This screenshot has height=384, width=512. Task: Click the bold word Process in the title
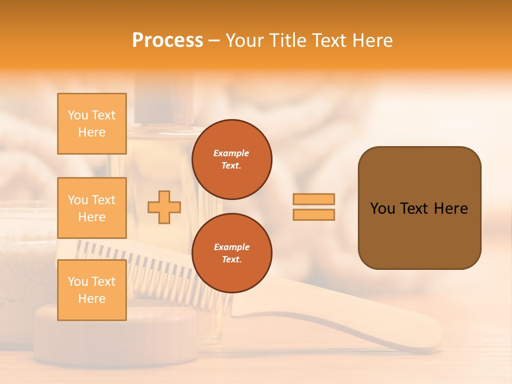167,41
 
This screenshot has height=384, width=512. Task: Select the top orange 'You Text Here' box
92,124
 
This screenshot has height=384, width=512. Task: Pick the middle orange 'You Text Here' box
92,208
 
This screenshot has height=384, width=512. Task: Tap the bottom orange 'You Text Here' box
92,290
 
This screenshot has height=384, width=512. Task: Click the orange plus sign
164,207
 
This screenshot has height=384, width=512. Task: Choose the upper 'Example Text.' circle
231,159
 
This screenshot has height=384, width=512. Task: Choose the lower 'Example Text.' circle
231,253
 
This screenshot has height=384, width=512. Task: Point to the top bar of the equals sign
314,199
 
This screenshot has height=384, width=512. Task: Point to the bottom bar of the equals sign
314,214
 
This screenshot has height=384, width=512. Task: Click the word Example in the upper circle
231,153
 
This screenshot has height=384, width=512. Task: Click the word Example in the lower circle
231,247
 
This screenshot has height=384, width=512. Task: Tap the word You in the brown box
382,209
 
